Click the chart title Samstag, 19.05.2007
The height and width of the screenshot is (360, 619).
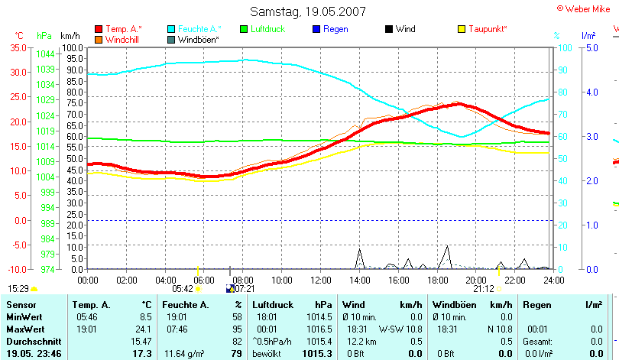point(308,11)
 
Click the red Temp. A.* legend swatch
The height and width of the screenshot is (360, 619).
point(99,29)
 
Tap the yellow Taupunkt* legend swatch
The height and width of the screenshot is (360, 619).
point(462,29)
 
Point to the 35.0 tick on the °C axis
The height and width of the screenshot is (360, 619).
point(18,47)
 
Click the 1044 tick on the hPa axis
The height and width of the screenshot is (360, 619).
point(45,54)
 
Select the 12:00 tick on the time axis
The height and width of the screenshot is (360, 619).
point(321,281)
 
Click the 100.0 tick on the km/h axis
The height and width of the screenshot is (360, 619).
point(73,47)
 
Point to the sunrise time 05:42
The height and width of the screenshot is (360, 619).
point(183,289)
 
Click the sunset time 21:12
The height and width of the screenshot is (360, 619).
point(483,289)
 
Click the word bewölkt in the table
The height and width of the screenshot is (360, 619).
point(267,354)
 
